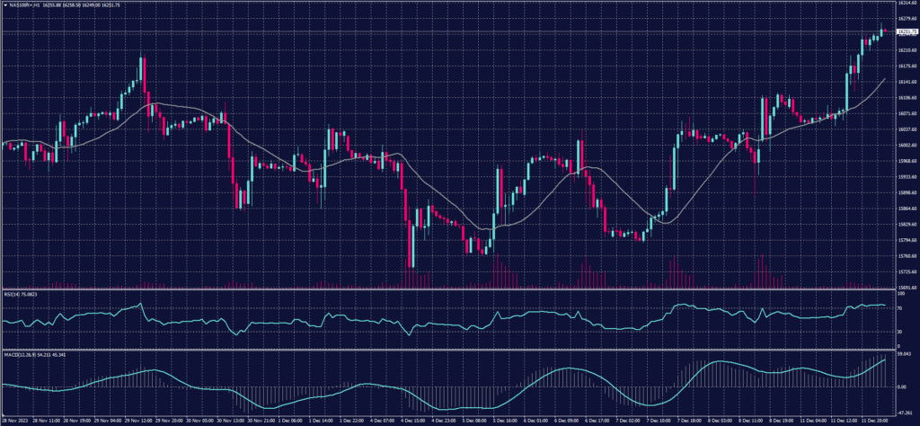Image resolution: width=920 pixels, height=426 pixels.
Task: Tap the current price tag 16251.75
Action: (907, 33)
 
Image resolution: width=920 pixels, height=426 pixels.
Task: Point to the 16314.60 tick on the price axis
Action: (907, 4)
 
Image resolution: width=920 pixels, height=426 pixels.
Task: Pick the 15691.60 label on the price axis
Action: (907, 288)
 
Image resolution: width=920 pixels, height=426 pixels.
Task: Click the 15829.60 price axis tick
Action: (907, 224)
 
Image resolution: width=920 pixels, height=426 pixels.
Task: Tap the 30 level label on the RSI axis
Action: (900, 332)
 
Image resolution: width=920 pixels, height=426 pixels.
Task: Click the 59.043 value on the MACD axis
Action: (904, 355)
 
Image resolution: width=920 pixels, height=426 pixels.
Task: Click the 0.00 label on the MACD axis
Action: (902, 386)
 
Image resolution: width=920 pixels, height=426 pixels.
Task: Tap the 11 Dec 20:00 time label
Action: (873, 421)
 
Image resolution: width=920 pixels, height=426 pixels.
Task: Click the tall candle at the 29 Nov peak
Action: (142, 72)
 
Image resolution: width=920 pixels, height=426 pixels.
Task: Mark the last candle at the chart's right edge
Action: (884, 31)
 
